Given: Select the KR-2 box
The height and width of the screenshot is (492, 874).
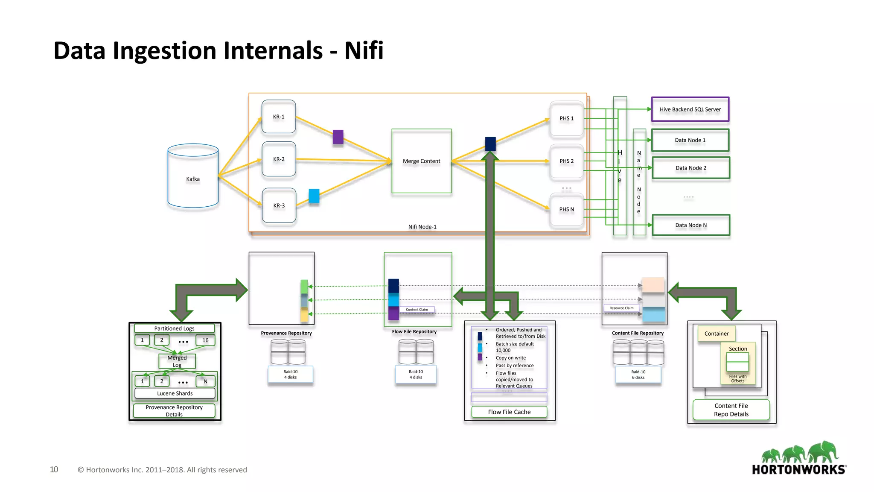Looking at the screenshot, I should [x=279, y=159].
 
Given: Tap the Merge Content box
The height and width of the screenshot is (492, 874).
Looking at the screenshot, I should [x=421, y=161].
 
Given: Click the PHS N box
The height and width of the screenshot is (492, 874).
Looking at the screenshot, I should [x=566, y=209].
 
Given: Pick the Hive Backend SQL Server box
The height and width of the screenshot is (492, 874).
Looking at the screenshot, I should [x=690, y=109].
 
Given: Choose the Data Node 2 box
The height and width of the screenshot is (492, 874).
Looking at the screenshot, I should [x=691, y=168].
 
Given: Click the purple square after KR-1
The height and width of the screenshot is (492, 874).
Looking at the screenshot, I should [x=338, y=137].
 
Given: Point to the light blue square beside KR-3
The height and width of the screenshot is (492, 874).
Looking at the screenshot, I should [x=314, y=196].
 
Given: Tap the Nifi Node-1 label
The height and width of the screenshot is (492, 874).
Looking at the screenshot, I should [x=422, y=227].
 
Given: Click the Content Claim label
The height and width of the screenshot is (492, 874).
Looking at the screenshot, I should [x=417, y=310].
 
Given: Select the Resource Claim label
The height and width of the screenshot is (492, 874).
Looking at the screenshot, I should [x=621, y=308].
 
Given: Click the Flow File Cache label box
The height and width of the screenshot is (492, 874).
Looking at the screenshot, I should [x=509, y=412].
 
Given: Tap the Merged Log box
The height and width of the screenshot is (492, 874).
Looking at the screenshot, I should [x=177, y=361].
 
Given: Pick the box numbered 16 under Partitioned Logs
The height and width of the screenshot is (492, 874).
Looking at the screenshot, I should [x=205, y=340].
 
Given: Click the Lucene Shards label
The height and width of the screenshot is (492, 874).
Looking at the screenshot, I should [x=175, y=393].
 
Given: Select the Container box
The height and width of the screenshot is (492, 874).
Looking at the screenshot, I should [x=717, y=334].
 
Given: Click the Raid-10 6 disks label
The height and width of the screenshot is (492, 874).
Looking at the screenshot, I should [x=638, y=375].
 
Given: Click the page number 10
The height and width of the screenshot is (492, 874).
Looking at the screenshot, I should [x=54, y=469].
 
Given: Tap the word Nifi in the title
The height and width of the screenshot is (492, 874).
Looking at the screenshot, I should [x=364, y=50].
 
